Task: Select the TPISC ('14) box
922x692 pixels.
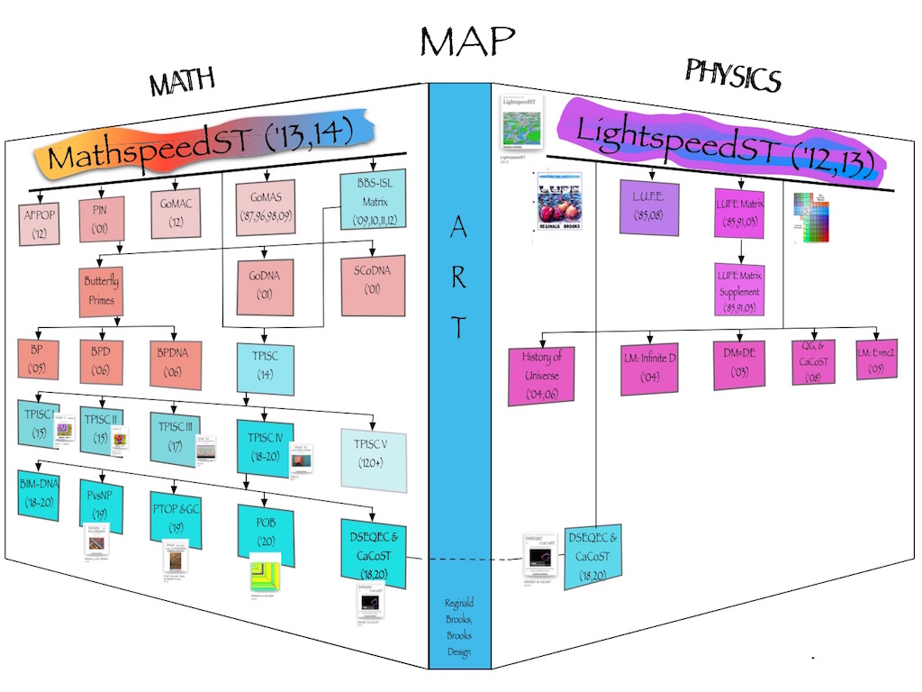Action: pos(265,366)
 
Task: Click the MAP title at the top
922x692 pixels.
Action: pos(466,41)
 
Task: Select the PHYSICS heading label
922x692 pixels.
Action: pos(732,77)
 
